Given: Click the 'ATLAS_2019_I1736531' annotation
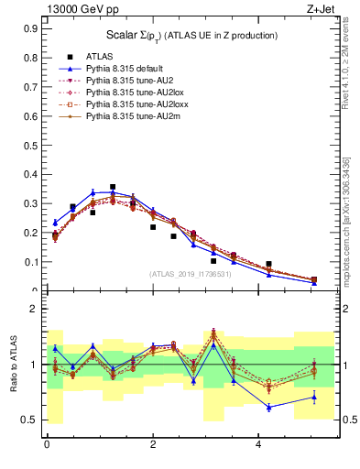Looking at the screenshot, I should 191,274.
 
